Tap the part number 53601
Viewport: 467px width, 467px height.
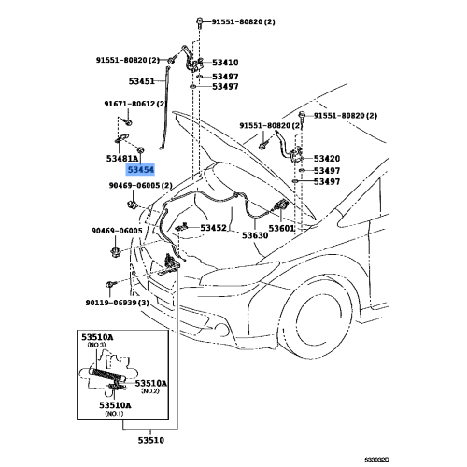(281, 228)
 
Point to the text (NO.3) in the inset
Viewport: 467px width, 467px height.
(99, 345)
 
